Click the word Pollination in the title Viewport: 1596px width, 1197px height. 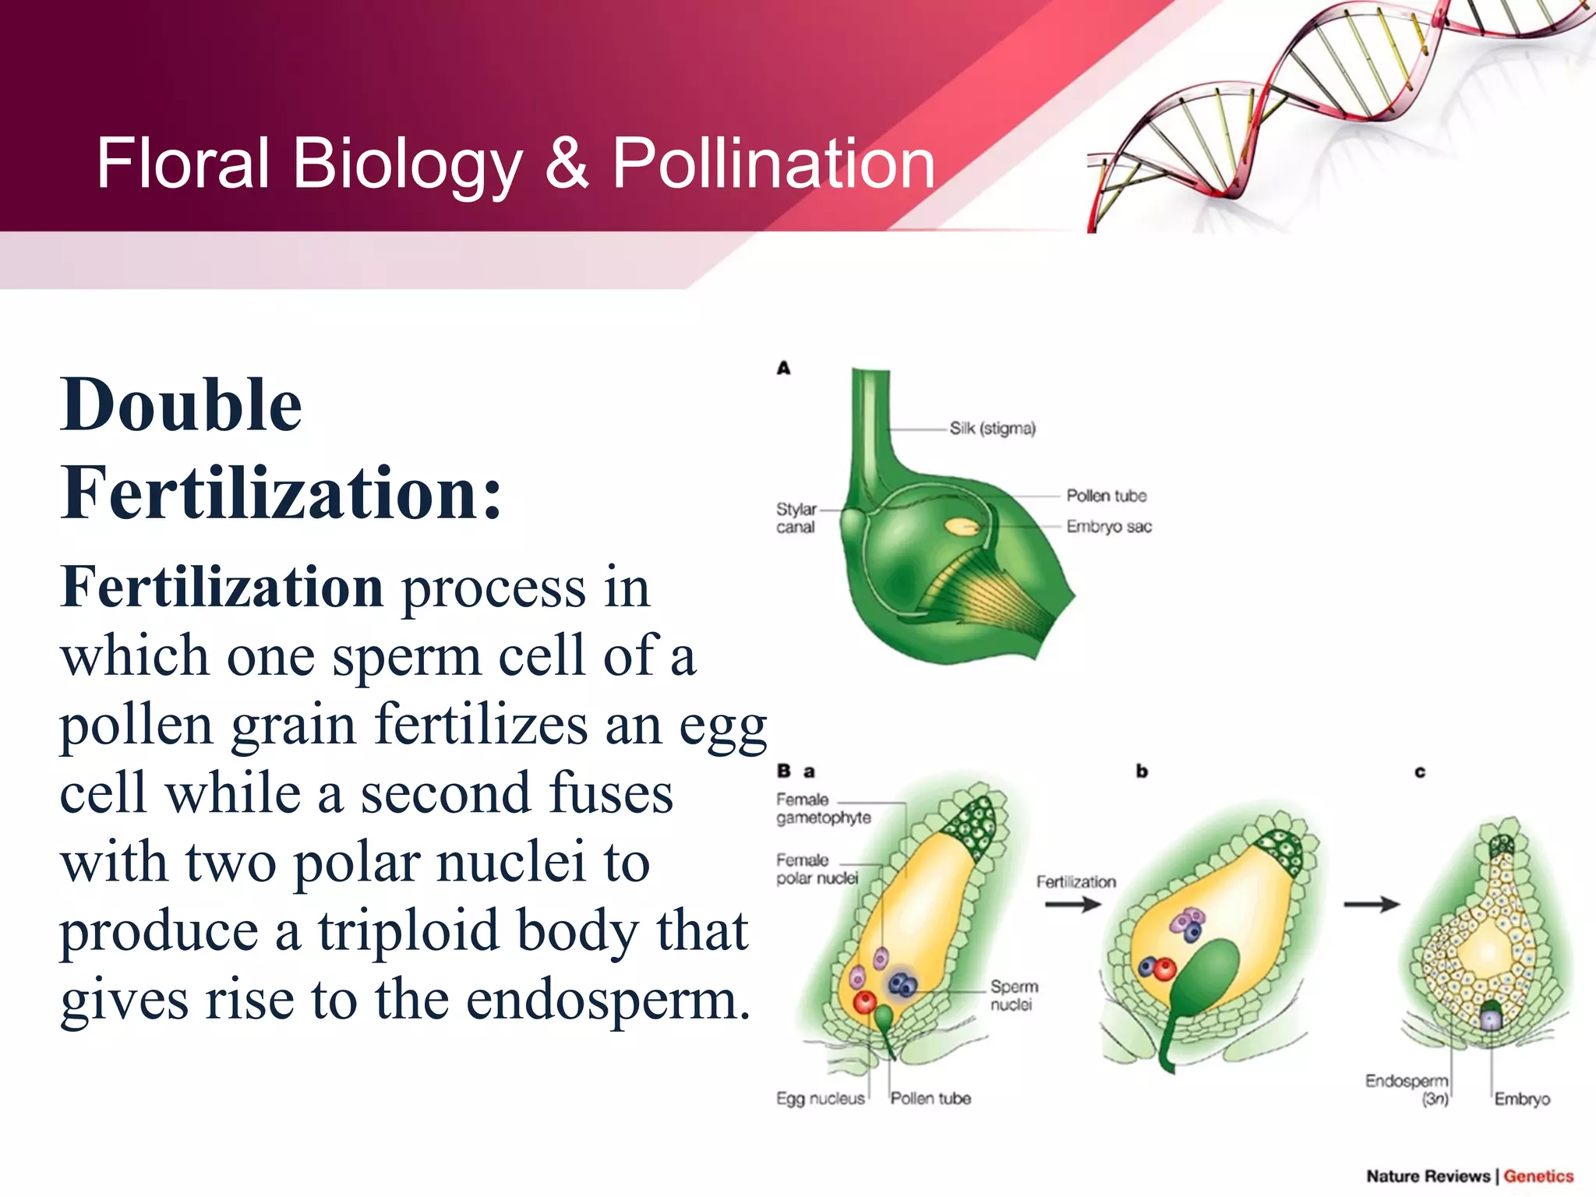(x=773, y=164)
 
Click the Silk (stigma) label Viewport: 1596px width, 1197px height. (x=992, y=429)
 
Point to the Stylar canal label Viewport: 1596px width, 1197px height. (x=796, y=518)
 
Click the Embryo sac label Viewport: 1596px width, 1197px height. (x=1108, y=527)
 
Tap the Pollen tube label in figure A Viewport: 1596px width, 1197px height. (x=1106, y=496)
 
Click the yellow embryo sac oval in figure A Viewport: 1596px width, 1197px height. (x=962, y=528)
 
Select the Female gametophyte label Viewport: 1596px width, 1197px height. (x=823, y=809)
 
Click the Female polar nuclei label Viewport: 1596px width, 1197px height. (x=816, y=869)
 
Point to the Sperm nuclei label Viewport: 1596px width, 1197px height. (x=1013, y=995)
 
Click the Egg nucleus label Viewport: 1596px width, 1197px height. (x=820, y=1099)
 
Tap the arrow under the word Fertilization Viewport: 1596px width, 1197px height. (x=1072, y=904)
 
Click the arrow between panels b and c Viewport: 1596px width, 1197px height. (x=1372, y=904)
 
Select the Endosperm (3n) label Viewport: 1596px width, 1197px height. (x=1407, y=1089)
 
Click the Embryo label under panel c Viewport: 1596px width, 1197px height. (x=1521, y=1099)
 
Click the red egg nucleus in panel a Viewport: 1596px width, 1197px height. (x=865, y=1001)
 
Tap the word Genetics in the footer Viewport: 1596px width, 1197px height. (x=1538, y=1176)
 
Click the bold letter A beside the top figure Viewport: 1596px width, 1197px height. (x=783, y=368)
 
